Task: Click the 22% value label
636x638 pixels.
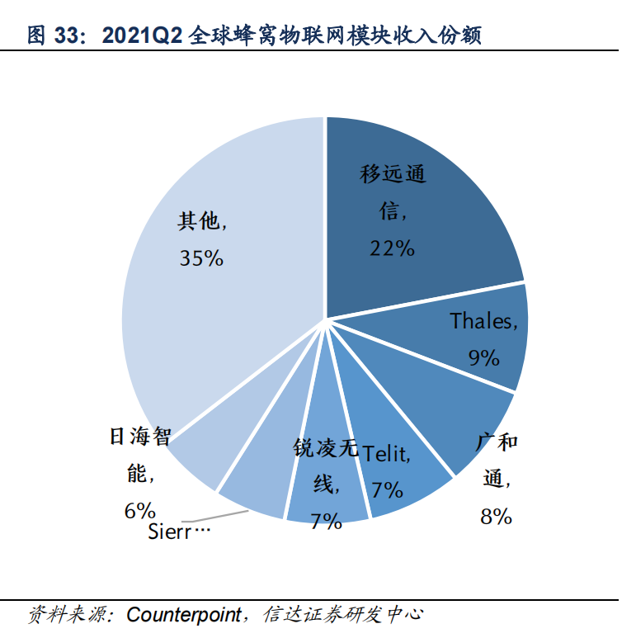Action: click(x=392, y=248)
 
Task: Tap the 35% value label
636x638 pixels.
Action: click(x=202, y=258)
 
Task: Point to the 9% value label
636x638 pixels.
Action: click(x=484, y=357)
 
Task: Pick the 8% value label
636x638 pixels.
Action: click(x=497, y=517)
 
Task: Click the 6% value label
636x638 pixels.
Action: click(x=140, y=510)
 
